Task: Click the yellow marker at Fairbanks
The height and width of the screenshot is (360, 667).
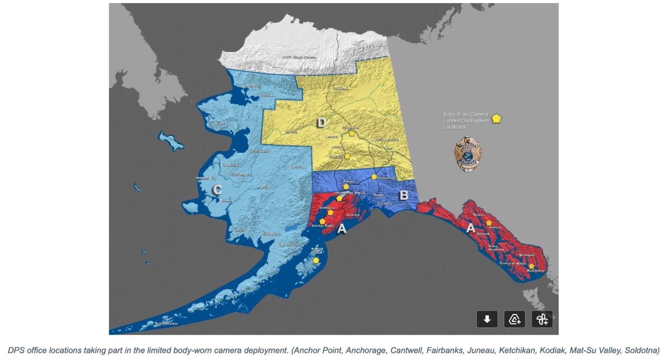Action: click(351, 133)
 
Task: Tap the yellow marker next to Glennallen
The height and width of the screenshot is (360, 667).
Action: click(374, 177)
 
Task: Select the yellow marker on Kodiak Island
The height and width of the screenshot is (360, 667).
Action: click(316, 260)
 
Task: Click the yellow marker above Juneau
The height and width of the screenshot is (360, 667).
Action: click(489, 223)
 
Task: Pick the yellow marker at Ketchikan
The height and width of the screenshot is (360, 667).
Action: click(531, 266)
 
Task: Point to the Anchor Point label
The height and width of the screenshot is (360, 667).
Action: click(322, 226)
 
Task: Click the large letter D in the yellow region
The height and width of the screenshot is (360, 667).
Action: click(322, 122)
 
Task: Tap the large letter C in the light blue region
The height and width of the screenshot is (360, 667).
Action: click(217, 190)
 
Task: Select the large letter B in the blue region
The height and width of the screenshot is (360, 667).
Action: click(404, 195)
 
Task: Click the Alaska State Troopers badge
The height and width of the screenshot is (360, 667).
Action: click(468, 154)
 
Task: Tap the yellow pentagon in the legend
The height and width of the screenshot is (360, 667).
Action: click(496, 119)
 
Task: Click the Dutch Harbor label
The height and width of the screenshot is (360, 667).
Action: click(166, 323)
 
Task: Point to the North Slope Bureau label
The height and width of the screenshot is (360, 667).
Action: click(299, 57)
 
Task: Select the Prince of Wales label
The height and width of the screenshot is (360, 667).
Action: click(512, 263)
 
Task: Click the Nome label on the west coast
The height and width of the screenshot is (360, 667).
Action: click(219, 123)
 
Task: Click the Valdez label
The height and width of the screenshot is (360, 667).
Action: click(379, 195)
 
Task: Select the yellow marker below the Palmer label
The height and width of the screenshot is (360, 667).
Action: click(346, 187)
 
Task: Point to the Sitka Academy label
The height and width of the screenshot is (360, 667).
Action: click(495, 248)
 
